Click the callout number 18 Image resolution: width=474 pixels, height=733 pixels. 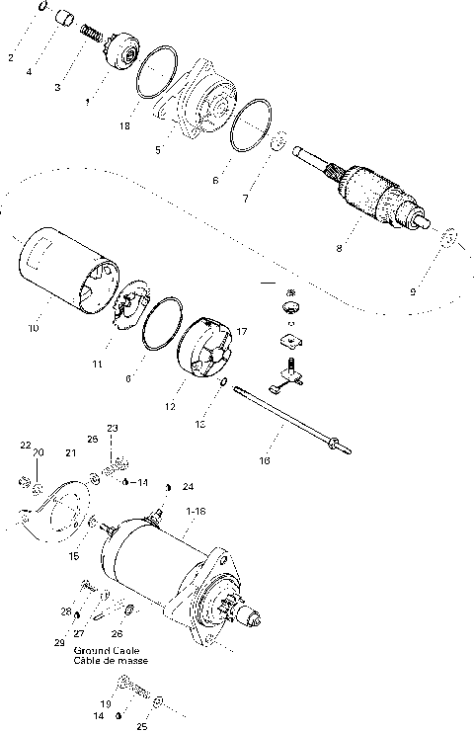pyautogui.click(x=123, y=126)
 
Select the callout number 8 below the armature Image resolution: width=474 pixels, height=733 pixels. pyautogui.click(x=339, y=248)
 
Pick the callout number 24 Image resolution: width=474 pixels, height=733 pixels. pyautogui.click(x=189, y=486)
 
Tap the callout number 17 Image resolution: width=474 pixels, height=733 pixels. pyautogui.click(x=241, y=331)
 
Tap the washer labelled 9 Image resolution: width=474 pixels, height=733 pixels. pyautogui.click(x=446, y=238)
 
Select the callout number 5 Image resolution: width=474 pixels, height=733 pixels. pyautogui.click(x=157, y=150)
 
